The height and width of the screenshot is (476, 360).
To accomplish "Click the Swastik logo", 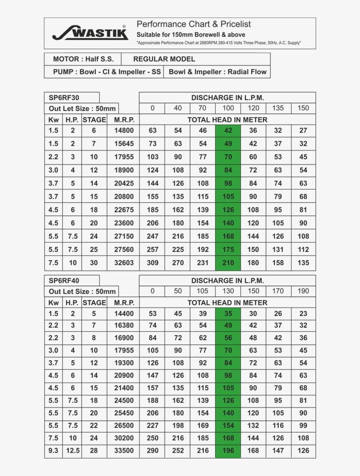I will [x=90, y=33].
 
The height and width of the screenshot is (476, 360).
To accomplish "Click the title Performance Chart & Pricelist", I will [x=194, y=24].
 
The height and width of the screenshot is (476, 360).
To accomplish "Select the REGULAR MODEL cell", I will [x=164, y=59].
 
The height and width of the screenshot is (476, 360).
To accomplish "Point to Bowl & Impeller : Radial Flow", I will [x=217, y=72].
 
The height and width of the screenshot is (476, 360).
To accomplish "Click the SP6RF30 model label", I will [x=61, y=98].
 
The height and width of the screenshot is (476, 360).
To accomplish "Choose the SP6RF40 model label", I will [x=61, y=281].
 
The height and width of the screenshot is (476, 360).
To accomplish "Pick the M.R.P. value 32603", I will [x=124, y=263].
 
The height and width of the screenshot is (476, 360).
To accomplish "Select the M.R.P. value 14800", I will [x=124, y=130].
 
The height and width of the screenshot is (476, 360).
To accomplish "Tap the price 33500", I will [x=124, y=451].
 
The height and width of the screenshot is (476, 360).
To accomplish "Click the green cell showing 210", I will [x=228, y=263].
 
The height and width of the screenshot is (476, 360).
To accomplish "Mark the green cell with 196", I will [x=228, y=451].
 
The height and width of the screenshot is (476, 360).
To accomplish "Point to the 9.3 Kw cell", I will [x=54, y=451].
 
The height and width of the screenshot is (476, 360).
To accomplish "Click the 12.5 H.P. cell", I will [x=73, y=451].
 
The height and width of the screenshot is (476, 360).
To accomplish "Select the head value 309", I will [x=152, y=263].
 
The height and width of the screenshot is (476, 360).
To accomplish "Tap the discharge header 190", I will [x=303, y=291].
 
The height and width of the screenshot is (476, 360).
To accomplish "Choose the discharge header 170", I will [x=278, y=291].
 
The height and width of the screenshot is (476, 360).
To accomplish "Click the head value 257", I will [x=152, y=250].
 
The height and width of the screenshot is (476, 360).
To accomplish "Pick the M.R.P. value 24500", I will [x=124, y=401].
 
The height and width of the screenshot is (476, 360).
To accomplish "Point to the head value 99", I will [x=303, y=426].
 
